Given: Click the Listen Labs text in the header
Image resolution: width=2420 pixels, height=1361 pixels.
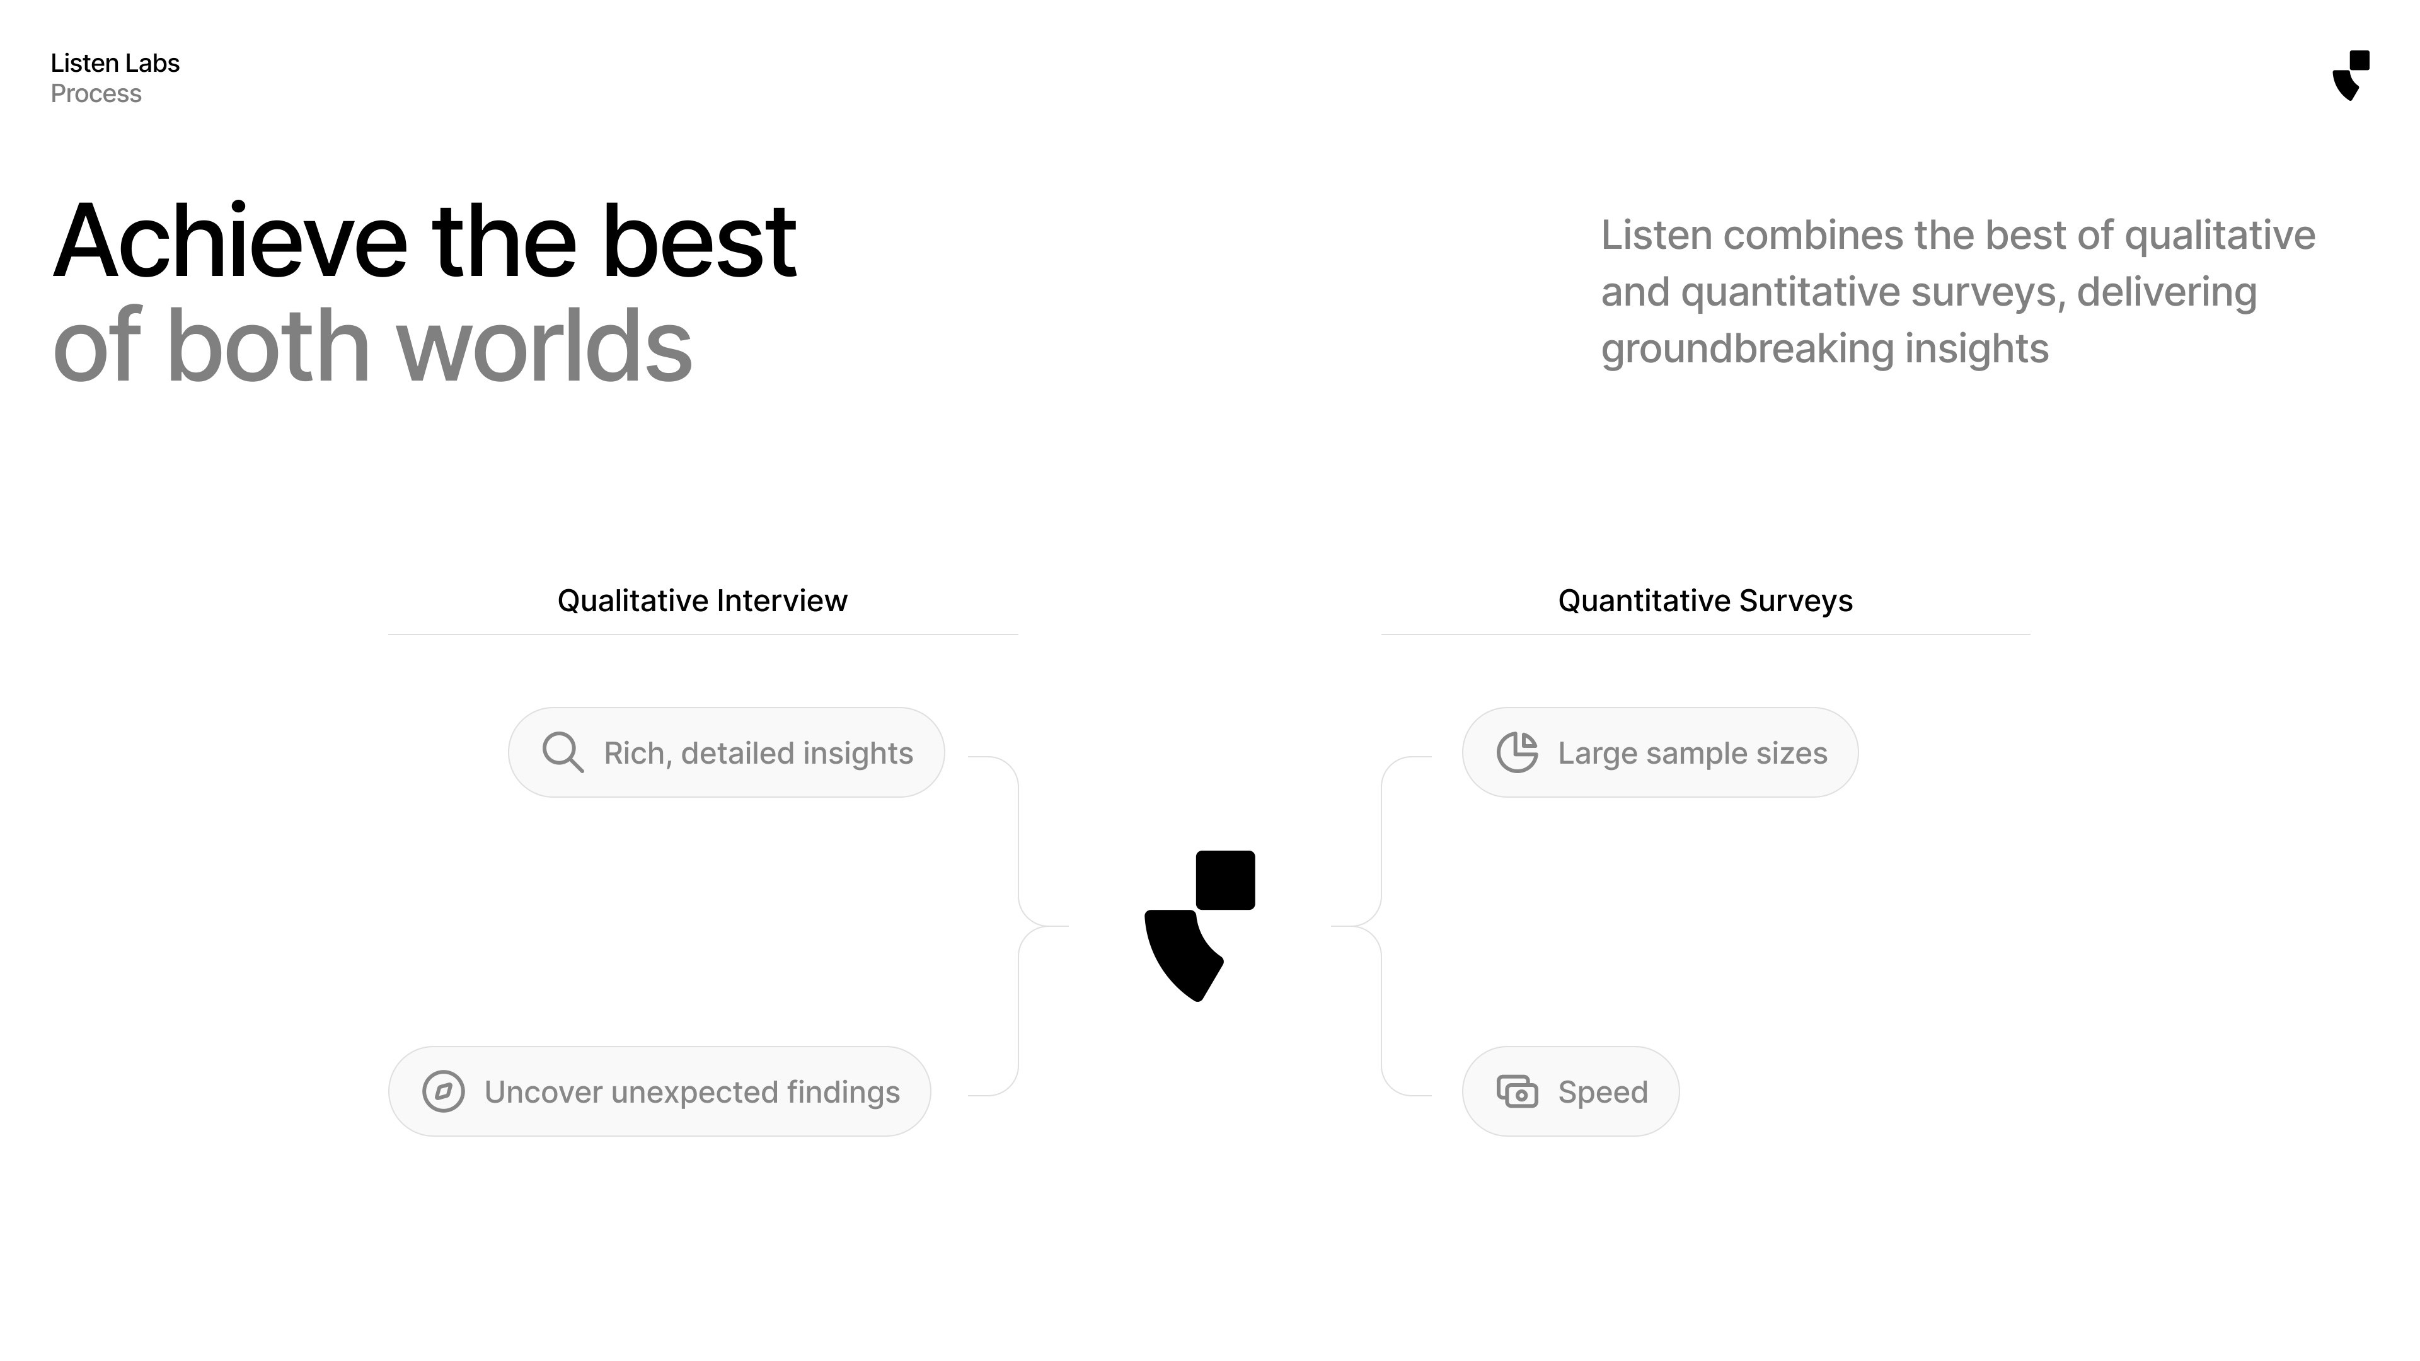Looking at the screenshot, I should [x=115, y=63].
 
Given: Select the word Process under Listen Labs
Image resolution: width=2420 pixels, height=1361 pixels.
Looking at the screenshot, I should [x=96, y=94].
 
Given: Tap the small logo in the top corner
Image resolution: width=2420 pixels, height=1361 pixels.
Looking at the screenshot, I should [x=2351, y=75].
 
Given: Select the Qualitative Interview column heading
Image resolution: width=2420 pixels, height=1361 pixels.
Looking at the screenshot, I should [x=702, y=600].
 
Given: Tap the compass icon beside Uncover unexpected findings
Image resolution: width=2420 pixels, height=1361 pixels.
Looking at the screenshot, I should [x=444, y=1091].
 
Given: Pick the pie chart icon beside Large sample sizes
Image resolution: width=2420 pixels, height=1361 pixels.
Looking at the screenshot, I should [x=1517, y=752].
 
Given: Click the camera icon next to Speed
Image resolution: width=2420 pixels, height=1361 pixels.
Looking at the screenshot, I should [x=1517, y=1091].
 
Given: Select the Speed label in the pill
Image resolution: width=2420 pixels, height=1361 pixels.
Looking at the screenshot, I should [x=1603, y=1091].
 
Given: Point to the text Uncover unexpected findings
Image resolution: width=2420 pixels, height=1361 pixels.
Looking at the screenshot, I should [x=691, y=1091].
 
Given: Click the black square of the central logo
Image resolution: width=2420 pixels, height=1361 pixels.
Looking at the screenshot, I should [x=1225, y=880].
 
